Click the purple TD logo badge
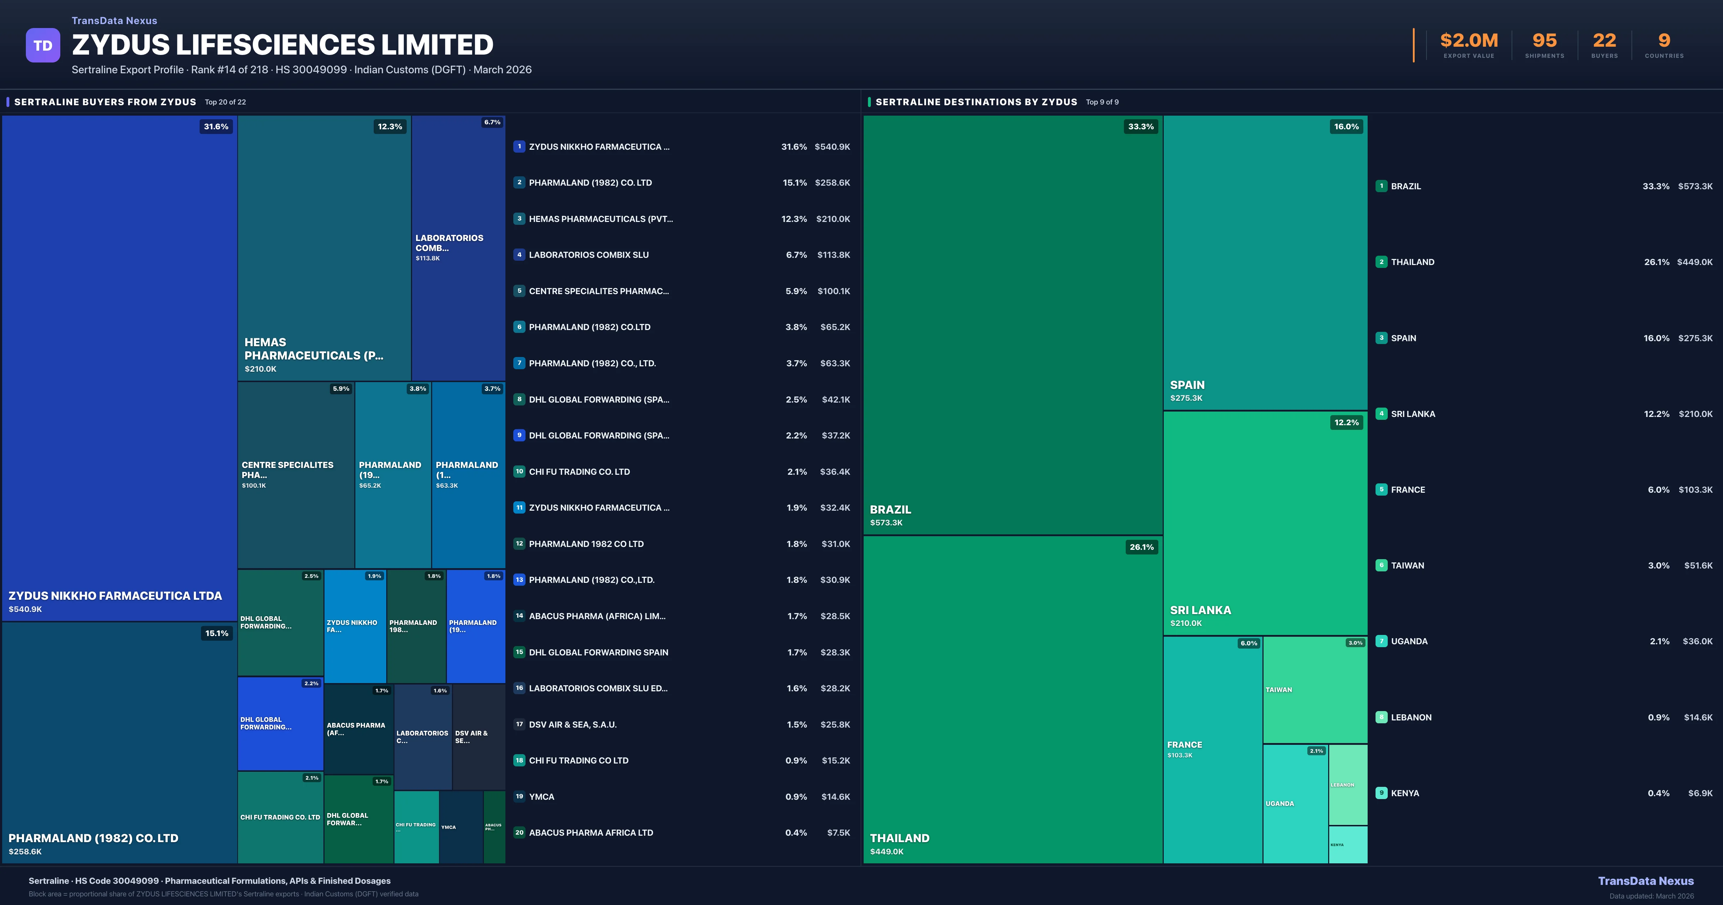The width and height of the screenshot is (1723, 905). (43, 46)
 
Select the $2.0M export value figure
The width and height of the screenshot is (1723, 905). (1469, 41)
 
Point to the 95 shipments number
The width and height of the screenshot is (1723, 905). (1544, 41)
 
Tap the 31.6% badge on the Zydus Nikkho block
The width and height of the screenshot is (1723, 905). (216, 126)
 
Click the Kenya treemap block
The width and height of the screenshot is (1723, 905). (1348, 845)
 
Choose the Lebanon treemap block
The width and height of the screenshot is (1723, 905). (1348, 784)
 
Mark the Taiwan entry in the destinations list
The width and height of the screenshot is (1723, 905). (1407, 566)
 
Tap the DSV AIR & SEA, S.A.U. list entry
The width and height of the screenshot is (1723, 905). (573, 724)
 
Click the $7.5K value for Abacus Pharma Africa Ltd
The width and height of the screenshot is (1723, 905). (838, 833)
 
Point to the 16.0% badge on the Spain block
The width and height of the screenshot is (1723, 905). (1346, 126)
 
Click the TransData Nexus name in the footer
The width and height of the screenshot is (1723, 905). (1645, 881)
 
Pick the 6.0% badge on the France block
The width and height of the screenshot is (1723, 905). (1248, 643)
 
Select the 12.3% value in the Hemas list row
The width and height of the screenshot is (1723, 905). (794, 219)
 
